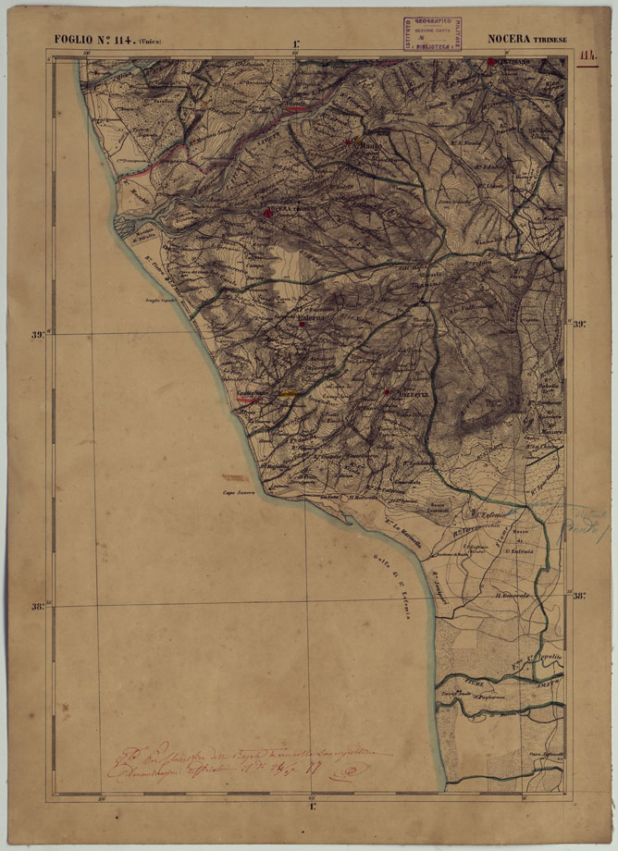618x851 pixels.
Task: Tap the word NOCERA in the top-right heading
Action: click(x=508, y=40)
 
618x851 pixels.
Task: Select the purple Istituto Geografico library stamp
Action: click(x=436, y=32)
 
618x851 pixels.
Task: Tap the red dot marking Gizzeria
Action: click(x=386, y=393)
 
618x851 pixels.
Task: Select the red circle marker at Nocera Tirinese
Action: click(x=268, y=214)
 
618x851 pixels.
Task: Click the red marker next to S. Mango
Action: click(x=348, y=142)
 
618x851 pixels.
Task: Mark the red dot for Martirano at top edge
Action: click(x=491, y=63)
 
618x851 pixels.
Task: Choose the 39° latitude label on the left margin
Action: click(x=39, y=335)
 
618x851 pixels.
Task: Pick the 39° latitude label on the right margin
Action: click(x=580, y=325)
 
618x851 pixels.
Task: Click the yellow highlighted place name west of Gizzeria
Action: click(x=290, y=394)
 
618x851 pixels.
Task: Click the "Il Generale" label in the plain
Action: click(x=510, y=597)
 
